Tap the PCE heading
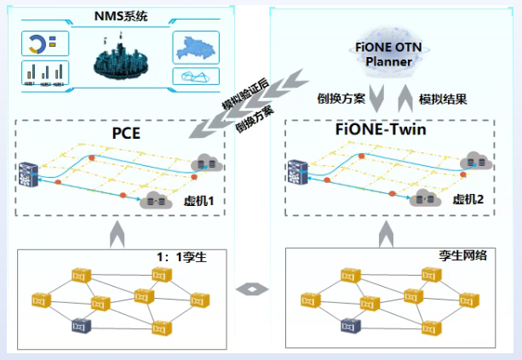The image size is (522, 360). tap(125, 133)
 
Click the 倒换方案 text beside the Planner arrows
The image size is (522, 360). tap(341, 99)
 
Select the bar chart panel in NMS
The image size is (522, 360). tap(45, 74)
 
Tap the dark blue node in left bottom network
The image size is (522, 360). tap(82, 324)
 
